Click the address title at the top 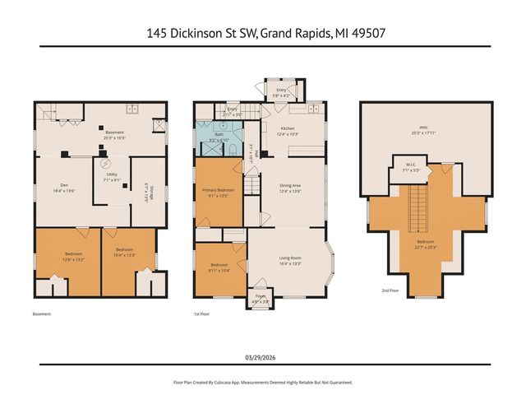(x=262, y=34)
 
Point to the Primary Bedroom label (x=219, y=193)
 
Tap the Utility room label (x=112, y=190)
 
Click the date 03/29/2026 (x=262, y=356)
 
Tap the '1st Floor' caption (x=203, y=314)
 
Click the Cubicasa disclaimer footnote (x=262, y=382)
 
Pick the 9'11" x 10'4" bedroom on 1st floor (x=218, y=266)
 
